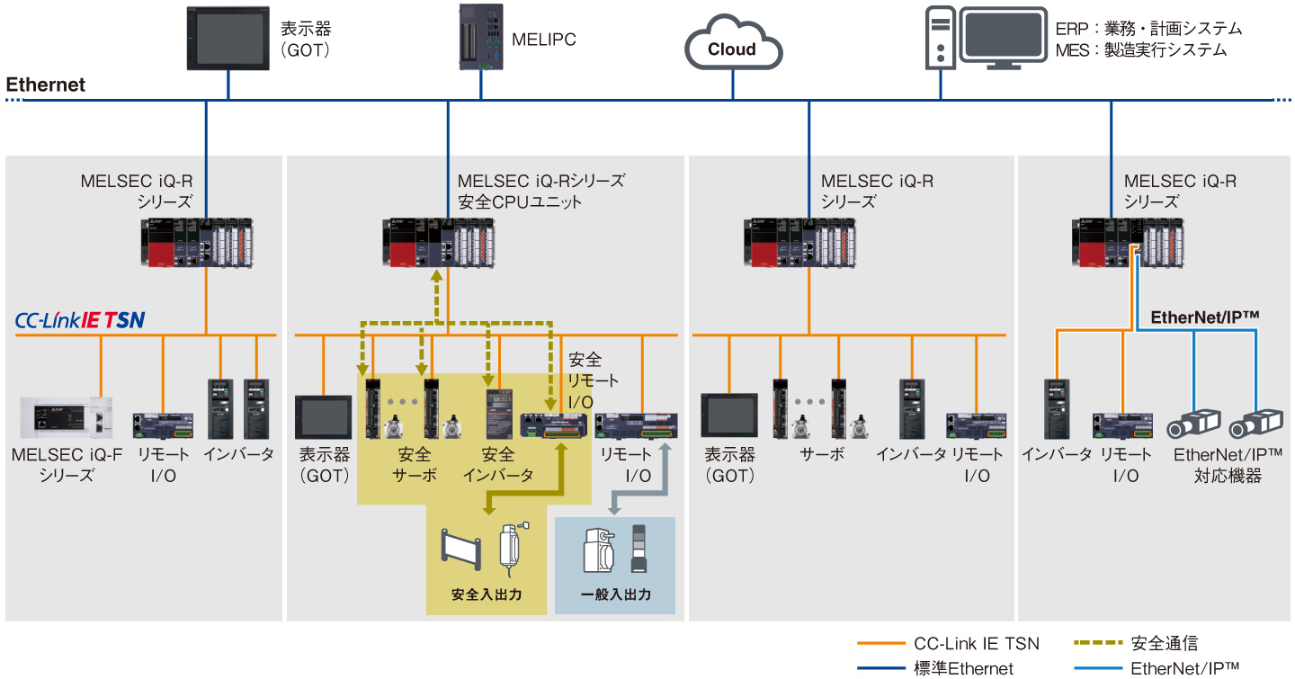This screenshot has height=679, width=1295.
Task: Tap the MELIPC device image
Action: tap(480, 37)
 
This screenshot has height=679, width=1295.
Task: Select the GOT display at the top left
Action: tap(228, 38)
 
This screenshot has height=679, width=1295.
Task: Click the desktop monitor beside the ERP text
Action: tap(1003, 38)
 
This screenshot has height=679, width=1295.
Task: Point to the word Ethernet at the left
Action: tap(46, 85)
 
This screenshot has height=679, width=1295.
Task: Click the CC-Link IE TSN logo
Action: tap(80, 320)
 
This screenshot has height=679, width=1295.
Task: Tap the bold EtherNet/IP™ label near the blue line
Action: tap(1204, 317)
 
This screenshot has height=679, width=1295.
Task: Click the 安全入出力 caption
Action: tap(486, 595)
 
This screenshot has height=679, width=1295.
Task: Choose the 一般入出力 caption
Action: tap(615, 595)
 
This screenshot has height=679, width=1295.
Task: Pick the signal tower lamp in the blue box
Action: tap(639, 549)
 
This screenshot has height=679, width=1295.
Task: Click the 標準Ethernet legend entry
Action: tap(962, 668)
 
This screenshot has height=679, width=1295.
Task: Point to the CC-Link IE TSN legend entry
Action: tap(976, 644)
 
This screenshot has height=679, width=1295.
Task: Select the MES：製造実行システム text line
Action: tap(1140, 50)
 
